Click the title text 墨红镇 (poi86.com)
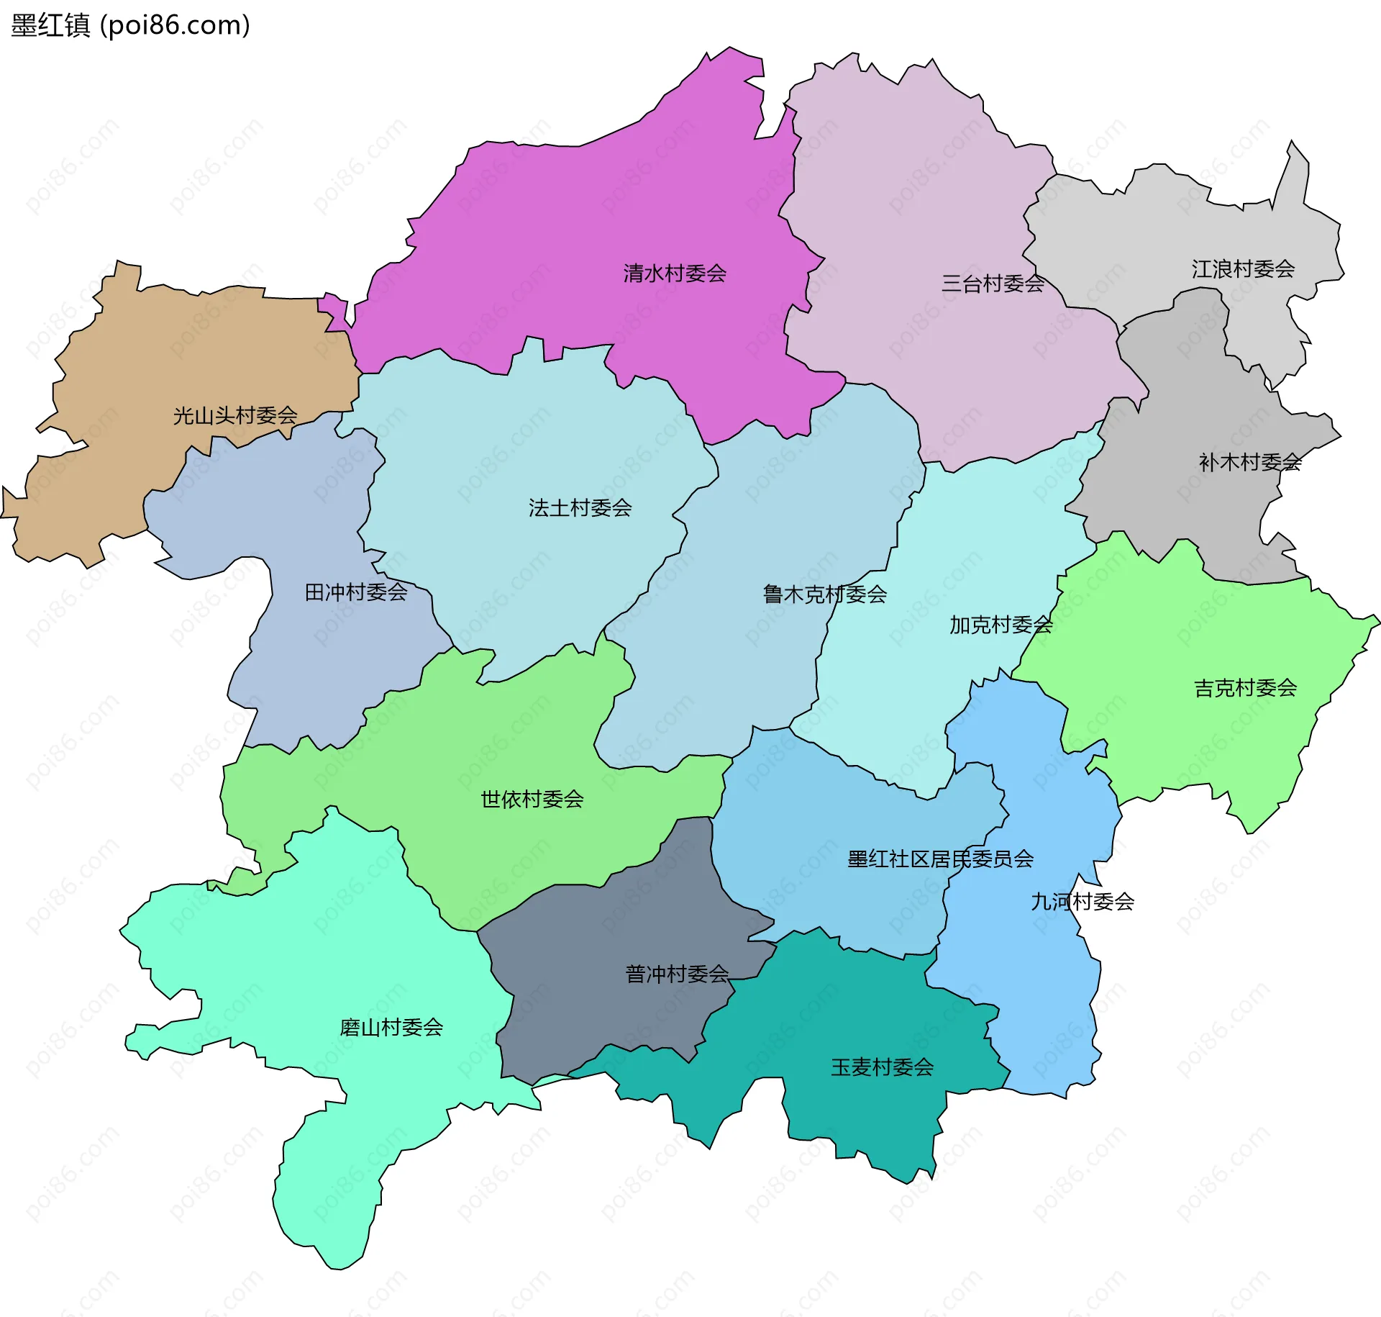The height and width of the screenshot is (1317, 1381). point(131,26)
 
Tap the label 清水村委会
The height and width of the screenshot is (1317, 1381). point(675,273)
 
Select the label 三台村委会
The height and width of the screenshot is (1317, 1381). point(993,284)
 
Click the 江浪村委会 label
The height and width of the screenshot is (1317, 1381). point(1243,269)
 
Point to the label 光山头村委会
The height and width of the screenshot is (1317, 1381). point(235,415)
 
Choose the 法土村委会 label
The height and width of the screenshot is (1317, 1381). point(580,508)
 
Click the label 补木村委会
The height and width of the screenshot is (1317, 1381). point(1250,462)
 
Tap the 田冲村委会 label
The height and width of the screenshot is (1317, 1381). point(356,592)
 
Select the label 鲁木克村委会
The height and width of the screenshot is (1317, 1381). point(824,594)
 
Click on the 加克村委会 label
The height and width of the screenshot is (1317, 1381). point(1001,625)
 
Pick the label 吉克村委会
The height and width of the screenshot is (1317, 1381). point(1245,688)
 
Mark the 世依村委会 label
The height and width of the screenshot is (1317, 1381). point(532,799)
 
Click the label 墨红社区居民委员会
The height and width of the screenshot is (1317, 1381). point(940,859)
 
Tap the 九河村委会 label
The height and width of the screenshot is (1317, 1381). point(1083,901)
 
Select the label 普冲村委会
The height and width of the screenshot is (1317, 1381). point(677,974)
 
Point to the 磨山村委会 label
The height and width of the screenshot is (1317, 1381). point(391,1027)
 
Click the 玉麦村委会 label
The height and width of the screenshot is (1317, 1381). point(882,1067)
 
